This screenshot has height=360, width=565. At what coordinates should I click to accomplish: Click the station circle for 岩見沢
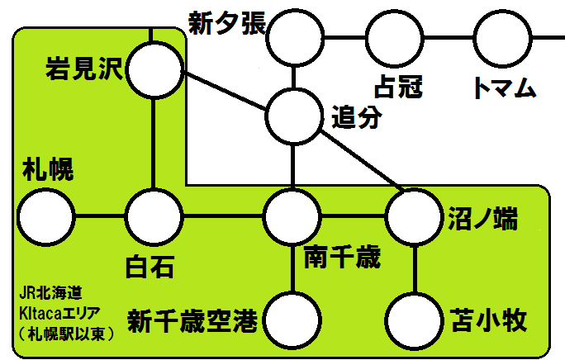point(154,71)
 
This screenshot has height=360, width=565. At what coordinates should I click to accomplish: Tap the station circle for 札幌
point(45,217)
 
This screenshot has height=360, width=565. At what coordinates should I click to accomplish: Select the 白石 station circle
point(154,217)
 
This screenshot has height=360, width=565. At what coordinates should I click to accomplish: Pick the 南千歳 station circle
point(292,217)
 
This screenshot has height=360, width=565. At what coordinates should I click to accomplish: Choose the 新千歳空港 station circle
point(292,319)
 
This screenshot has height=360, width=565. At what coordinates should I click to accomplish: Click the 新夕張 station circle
point(292,36)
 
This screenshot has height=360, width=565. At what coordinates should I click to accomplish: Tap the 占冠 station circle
point(395,36)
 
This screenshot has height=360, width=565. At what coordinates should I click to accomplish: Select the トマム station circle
point(501,36)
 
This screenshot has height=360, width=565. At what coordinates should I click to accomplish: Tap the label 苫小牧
point(489,319)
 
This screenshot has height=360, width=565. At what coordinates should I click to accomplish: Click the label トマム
point(503,88)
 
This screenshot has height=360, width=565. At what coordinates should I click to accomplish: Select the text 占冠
point(399,88)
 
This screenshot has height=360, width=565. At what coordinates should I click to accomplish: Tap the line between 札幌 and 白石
point(99,217)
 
